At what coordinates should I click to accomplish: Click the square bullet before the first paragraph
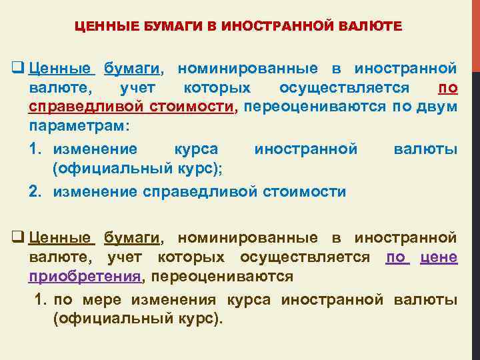(x=19, y=69)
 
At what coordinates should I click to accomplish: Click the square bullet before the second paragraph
(x=19, y=237)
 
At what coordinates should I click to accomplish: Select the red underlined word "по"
(x=447, y=88)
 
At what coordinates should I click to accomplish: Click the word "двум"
(x=439, y=107)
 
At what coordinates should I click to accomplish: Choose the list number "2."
(x=37, y=193)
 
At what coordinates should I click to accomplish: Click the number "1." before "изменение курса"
(x=37, y=149)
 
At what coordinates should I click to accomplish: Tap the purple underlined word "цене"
(x=439, y=257)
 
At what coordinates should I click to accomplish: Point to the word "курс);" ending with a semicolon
(x=202, y=169)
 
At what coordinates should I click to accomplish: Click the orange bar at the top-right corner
(x=475, y=33)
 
